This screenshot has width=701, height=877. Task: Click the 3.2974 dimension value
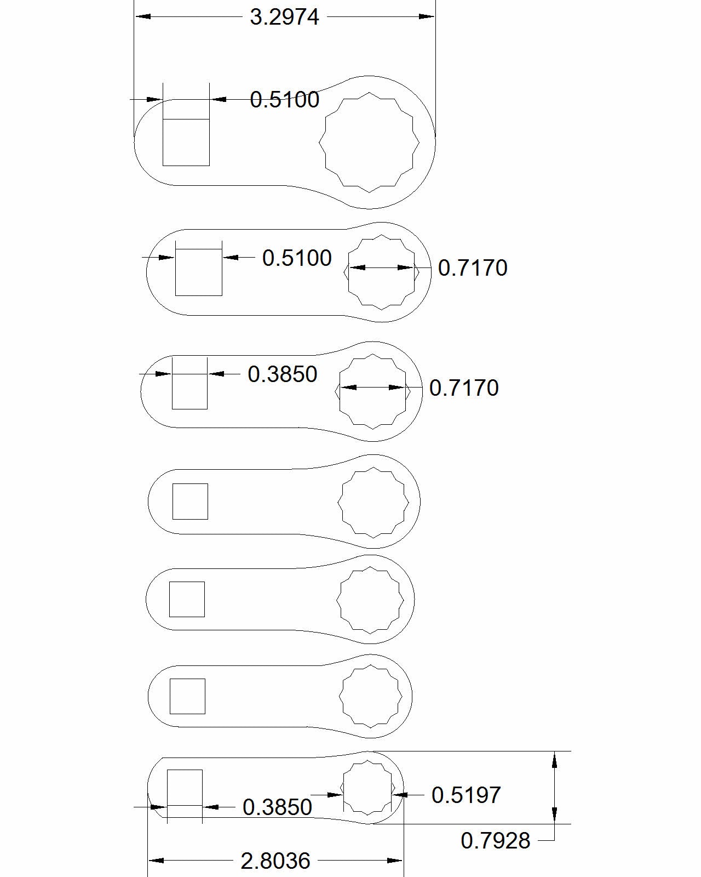tap(284, 18)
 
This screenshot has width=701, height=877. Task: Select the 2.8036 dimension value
tap(276, 861)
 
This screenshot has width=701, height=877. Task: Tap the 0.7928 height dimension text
tap(495, 841)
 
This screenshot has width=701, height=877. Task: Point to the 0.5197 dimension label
tap(466, 795)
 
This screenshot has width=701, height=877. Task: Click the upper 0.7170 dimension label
tap(473, 267)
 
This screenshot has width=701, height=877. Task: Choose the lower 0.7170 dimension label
tap(464, 388)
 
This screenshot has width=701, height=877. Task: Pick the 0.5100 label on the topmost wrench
tap(284, 100)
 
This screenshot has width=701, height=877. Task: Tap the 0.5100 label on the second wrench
tap(297, 258)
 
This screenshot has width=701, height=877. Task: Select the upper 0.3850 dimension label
tap(282, 374)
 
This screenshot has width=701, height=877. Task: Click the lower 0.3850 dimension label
tap(277, 807)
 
